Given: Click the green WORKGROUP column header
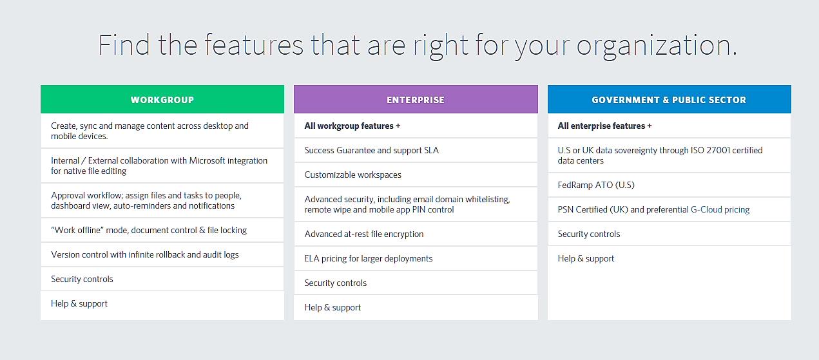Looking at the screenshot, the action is [x=162, y=99].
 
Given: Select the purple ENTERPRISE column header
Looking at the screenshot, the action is [x=416, y=99].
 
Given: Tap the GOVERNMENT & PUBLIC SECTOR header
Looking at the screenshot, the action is [x=669, y=99].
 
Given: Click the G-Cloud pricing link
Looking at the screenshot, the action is [x=720, y=210].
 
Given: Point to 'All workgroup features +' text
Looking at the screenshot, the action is [x=352, y=126].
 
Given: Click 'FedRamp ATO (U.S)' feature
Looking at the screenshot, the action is [x=596, y=185].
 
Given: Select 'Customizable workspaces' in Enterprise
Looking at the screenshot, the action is [x=353, y=175].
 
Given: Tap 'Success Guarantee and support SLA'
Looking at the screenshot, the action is [x=371, y=150].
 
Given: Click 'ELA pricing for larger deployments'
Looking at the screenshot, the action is [x=369, y=259].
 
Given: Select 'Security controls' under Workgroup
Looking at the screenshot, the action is [x=82, y=279].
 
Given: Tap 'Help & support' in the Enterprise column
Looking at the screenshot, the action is [x=332, y=308].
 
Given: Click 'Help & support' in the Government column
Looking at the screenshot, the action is [x=586, y=259].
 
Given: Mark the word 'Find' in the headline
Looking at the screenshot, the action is [x=124, y=44].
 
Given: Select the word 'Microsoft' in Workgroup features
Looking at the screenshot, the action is [x=207, y=161].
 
